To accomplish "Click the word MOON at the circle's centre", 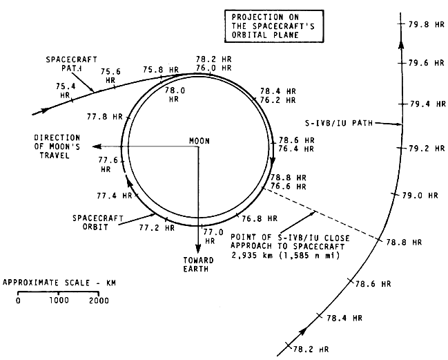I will pos(199,141).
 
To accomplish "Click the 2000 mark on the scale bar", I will pos(99,301).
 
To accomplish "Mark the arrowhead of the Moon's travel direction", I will pos(97,146).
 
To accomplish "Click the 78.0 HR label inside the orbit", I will pos(176,94).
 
